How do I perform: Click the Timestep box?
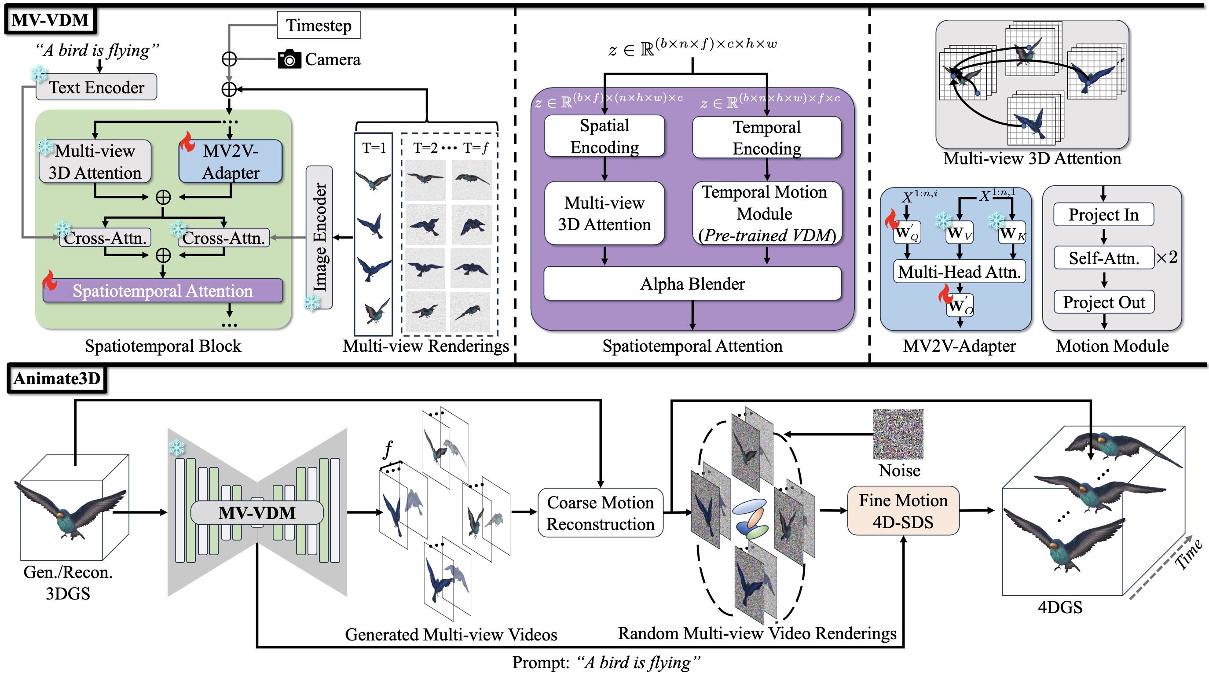pos(319,26)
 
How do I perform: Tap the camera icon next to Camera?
pos(289,59)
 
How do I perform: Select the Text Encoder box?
pos(96,87)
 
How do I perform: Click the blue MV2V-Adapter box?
pos(231,162)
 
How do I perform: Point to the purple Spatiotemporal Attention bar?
pos(163,291)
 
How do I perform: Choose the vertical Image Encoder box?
pos(319,237)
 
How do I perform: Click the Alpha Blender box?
pos(692,283)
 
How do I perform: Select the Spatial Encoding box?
pos(604,136)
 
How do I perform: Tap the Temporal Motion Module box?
pos(767,213)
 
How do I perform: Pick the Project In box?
pos(1103,214)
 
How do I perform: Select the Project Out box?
pos(1104,302)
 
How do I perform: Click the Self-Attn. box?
pos(1104,258)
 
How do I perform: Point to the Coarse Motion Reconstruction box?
pos(600,513)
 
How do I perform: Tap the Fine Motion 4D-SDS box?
pos(903,511)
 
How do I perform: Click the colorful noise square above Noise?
pos(898,434)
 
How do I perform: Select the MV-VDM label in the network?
pos(257,513)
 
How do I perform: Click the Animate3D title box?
pos(57,379)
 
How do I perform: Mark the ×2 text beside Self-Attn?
pos(1167,257)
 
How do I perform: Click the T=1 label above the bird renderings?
pos(374,148)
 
